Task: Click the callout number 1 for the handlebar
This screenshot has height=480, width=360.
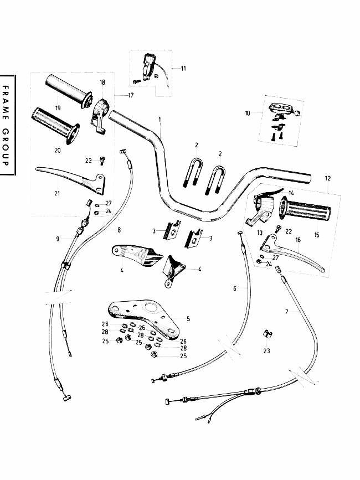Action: click(x=160, y=120)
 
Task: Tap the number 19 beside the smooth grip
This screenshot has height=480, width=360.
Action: click(x=58, y=107)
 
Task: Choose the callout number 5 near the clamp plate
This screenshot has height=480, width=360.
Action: click(x=188, y=318)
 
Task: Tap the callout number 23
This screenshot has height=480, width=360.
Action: click(x=266, y=350)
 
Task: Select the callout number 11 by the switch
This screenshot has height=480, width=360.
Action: click(x=183, y=68)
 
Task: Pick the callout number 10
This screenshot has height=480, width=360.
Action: click(x=248, y=113)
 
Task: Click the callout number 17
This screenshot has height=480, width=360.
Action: click(x=131, y=96)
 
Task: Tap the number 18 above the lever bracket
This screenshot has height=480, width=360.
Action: click(x=102, y=82)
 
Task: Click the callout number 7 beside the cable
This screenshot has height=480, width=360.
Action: click(x=286, y=312)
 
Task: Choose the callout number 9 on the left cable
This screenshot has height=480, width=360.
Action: click(x=57, y=238)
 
